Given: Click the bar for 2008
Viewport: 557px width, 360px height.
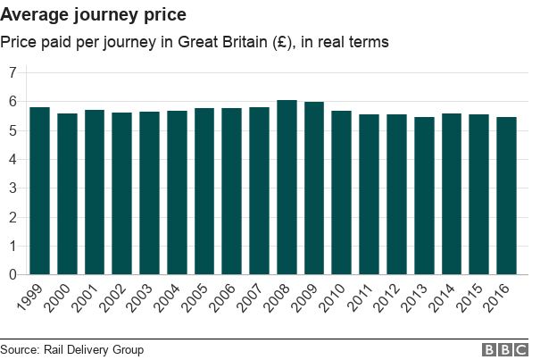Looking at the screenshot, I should click(287, 188).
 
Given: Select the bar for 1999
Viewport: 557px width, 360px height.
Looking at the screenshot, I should click(39, 191).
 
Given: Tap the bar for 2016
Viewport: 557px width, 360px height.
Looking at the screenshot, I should click(507, 196).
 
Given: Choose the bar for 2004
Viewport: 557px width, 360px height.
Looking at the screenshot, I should click(177, 193).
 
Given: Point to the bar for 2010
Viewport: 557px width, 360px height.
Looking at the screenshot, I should click(342, 193).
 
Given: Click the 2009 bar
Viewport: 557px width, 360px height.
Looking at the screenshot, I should click(314, 188).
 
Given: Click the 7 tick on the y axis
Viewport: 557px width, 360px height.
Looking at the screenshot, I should click(12, 73).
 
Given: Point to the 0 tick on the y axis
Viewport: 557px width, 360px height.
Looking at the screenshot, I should click(12, 275).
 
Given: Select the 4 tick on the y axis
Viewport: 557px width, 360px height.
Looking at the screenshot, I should click(12, 160).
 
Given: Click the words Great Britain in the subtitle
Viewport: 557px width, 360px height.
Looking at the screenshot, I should click(223, 42).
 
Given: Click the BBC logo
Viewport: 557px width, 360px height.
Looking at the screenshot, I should click(505, 349).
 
